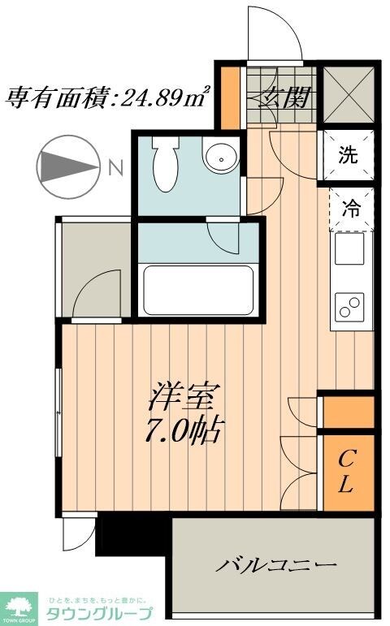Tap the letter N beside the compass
tap(115, 168)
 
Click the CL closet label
tap(345, 473)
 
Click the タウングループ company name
tap(101, 612)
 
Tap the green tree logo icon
tap(22, 602)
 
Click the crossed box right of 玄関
tap(348, 94)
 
